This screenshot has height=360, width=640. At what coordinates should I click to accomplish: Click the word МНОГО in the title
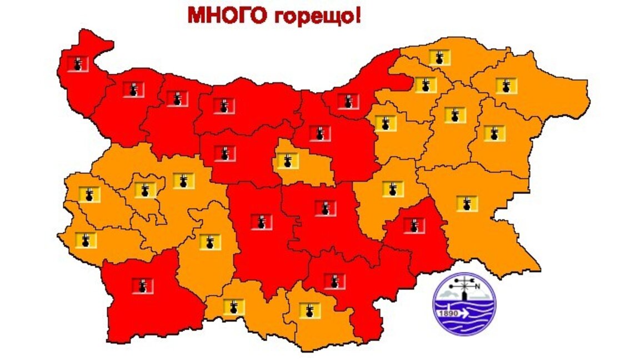[227, 15]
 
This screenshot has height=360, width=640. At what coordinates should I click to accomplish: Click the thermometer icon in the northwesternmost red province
[77, 63]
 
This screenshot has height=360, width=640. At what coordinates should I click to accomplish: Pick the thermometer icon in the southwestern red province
[143, 286]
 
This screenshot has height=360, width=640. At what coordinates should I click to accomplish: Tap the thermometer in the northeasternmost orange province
[506, 86]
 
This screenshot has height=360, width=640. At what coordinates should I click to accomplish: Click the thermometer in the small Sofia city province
[146, 190]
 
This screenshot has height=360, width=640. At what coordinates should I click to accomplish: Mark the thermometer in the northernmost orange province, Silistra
[439, 57]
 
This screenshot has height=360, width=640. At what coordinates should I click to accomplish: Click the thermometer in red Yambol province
[414, 225]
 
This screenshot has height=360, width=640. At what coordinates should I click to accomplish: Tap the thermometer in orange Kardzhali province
[309, 310]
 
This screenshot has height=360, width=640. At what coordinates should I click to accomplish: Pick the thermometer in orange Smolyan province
[233, 307]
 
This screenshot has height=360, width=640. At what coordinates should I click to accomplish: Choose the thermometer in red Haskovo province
[334, 281]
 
